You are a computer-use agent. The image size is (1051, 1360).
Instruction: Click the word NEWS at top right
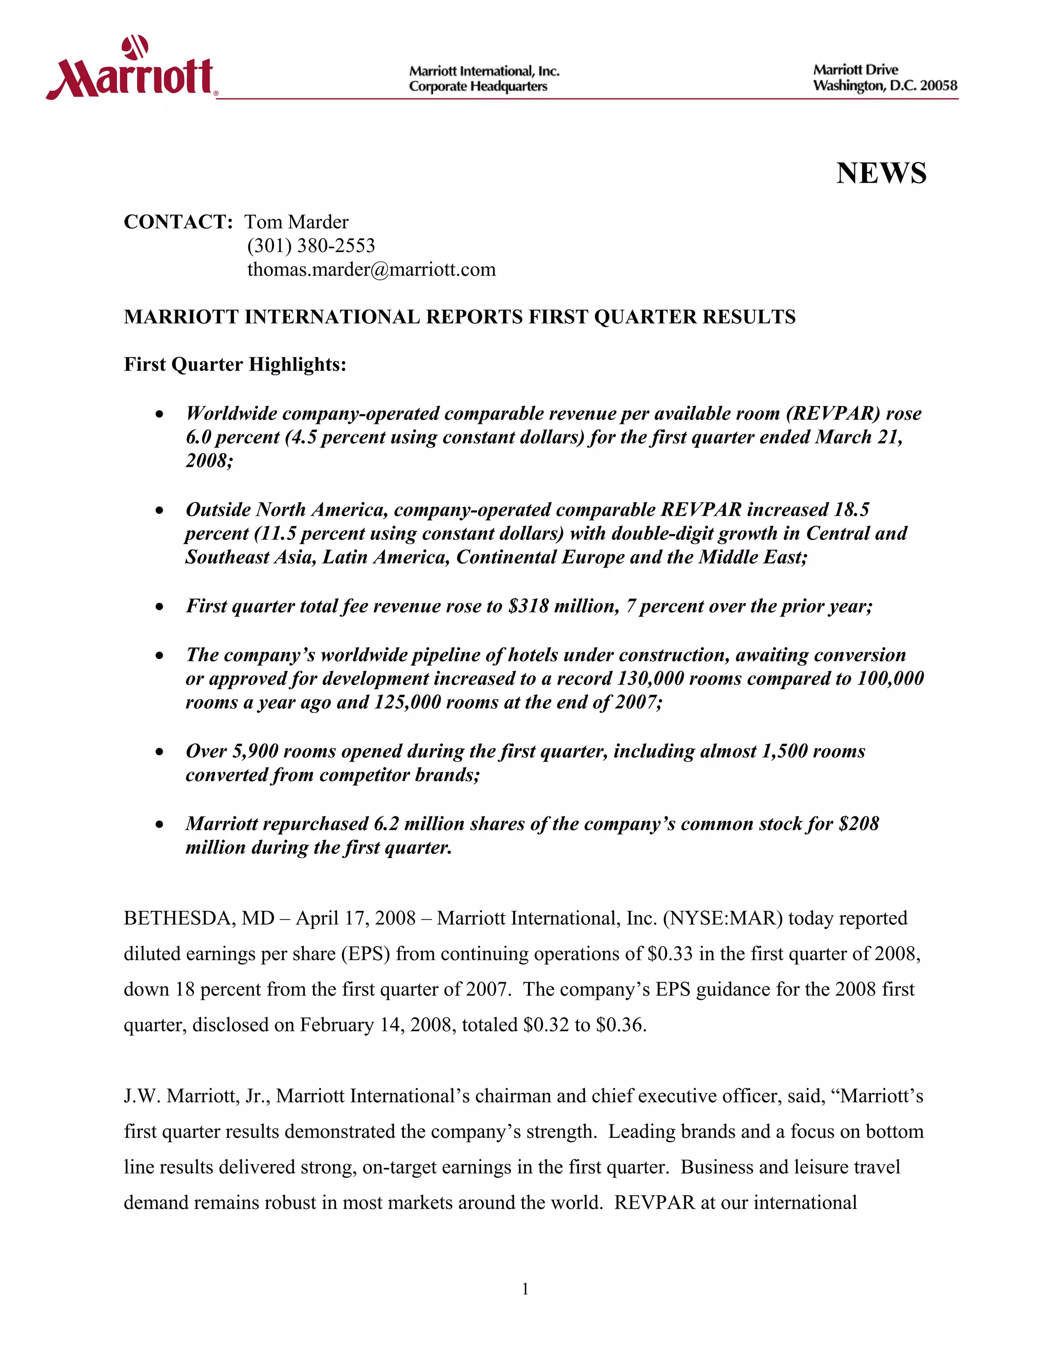point(881,173)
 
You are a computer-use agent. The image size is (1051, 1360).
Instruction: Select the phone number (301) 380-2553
point(310,245)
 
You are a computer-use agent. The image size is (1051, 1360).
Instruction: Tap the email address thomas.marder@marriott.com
point(371,269)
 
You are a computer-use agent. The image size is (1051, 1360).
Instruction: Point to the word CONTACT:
point(178,222)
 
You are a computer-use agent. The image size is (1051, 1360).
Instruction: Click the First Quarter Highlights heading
point(235,364)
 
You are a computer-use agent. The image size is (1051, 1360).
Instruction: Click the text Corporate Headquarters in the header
point(478,87)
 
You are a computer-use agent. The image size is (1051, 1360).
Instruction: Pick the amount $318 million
point(563,606)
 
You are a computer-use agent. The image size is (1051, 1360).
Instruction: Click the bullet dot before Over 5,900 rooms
point(160,752)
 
